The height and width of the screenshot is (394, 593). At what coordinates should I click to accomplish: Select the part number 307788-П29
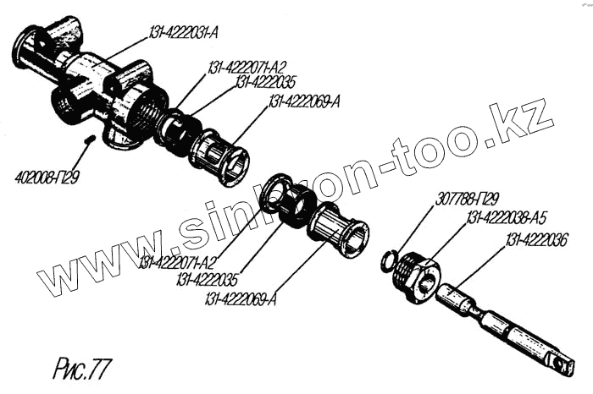tap(463, 201)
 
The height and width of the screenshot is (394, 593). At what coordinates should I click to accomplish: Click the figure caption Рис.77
tap(81, 369)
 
